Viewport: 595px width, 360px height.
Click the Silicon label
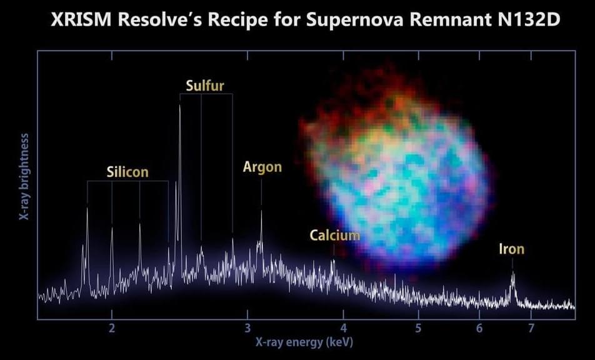tap(127, 172)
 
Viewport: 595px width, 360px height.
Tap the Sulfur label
tap(205, 86)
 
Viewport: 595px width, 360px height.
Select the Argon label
tap(262, 167)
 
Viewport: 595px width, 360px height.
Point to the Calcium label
tap(335, 235)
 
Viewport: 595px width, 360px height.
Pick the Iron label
tap(511, 249)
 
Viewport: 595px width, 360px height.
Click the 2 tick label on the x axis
tap(111, 328)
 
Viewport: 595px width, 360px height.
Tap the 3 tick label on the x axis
tap(247, 328)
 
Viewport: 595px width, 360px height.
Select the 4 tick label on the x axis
tap(343, 328)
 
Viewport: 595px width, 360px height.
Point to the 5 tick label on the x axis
tap(418, 328)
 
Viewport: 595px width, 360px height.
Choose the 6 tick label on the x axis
tap(479, 328)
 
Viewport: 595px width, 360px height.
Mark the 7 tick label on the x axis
tap(531, 328)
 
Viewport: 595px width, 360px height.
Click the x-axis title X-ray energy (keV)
tap(304, 342)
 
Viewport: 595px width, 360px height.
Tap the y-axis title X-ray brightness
tap(24, 176)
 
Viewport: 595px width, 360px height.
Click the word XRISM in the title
tap(81, 20)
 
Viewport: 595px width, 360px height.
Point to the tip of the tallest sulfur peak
tap(180, 106)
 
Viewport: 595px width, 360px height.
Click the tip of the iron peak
tap(513, 272)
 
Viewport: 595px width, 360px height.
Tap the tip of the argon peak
tap(261, 211)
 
